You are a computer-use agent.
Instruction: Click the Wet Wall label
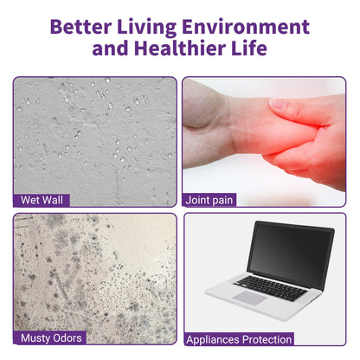42,200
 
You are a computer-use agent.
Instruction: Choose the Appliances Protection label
240,339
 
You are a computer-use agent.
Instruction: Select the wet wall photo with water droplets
94,134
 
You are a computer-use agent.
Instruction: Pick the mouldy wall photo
94,273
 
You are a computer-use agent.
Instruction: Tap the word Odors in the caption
68,337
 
